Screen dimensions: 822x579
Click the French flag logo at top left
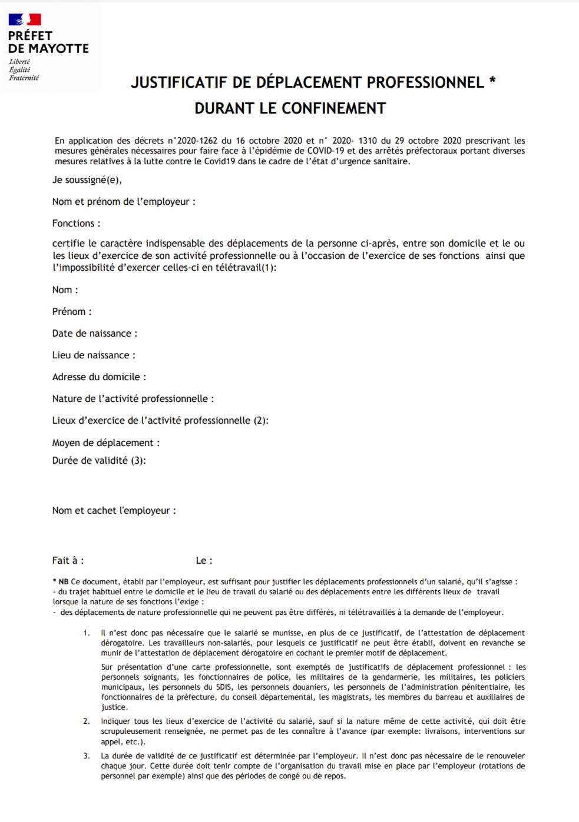click(x=25, y=20)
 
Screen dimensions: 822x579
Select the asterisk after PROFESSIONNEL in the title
click(x=492, y=81)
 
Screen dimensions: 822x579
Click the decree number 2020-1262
click(x=193, y=141)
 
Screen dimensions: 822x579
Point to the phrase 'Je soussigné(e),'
click(x=87, y=180)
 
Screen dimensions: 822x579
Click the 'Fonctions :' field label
click(x=76, y=224)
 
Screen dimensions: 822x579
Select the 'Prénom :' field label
click(x=72, y=312)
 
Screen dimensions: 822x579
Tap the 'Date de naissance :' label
click(x=94, y=334)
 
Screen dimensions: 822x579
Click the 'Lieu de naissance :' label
click(x=94, y=355)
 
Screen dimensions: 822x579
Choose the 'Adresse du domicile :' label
click(x=99, y=377)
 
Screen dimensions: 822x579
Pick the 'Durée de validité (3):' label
click(x=99, y=461)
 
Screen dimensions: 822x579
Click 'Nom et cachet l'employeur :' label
click(x=114, y=511)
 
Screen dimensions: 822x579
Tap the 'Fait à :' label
click(x=68, y=561)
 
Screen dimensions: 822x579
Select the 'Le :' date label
click(x=204, y=561)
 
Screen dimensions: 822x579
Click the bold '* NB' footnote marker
click(x=61, y=582)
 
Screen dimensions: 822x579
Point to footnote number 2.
click(x=87, y=721)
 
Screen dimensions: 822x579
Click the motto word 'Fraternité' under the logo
click(x=24, y=78)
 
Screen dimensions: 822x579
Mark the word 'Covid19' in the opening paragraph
click(x=220, y=161)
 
